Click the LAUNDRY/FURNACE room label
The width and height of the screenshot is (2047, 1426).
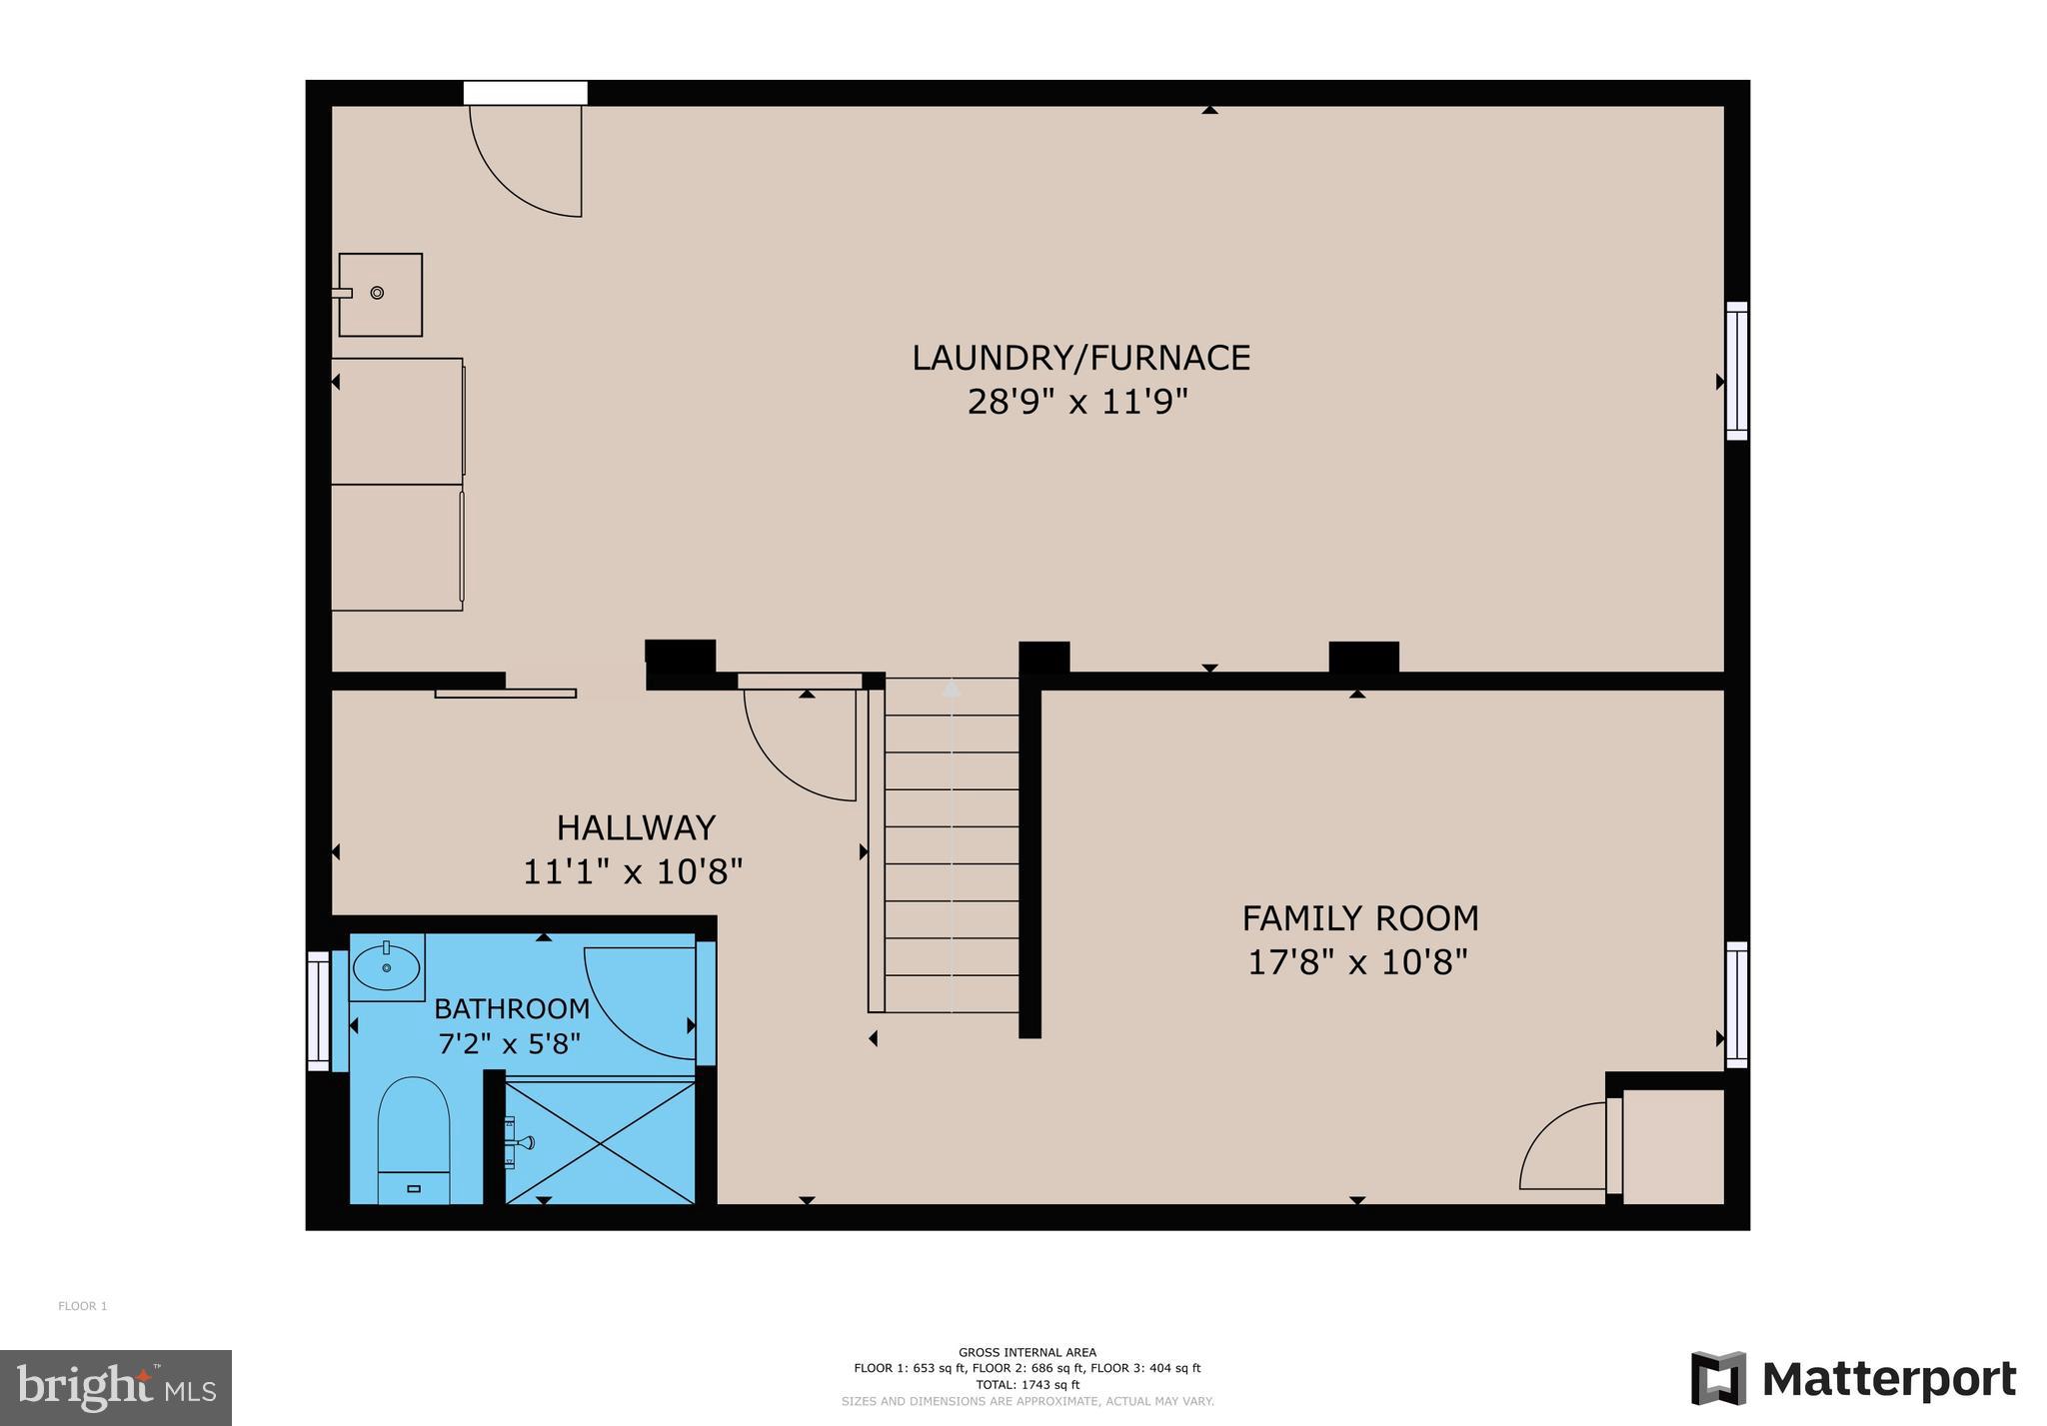coord(1080,358)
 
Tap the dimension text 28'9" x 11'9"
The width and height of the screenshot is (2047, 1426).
coord(1077,402)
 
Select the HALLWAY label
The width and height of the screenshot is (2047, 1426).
coord(636,827)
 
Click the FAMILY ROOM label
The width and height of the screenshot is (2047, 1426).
coord(1359,917)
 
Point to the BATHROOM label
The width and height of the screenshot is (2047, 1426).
coord(512,1008)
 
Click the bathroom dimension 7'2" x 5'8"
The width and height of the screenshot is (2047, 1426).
coord(510,1044)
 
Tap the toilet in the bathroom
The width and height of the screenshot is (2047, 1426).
coord(414,1139)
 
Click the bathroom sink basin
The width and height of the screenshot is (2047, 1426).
coord(386,966)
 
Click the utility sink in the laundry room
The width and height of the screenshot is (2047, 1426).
coord(380,294)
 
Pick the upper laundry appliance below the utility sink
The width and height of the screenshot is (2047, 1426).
coord(397,421)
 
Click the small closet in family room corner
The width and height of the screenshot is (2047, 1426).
coord(1673,1146)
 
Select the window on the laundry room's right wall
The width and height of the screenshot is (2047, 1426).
coord(1737,371)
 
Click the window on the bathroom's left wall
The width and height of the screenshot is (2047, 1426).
coord(318,1010)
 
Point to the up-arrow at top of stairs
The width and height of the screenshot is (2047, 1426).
coord(952,689)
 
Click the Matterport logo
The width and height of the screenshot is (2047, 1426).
coord(1853,1379)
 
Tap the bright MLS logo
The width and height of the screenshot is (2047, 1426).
coord(116,1387)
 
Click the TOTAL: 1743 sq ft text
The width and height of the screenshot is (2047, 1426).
coord(1026,1385)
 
